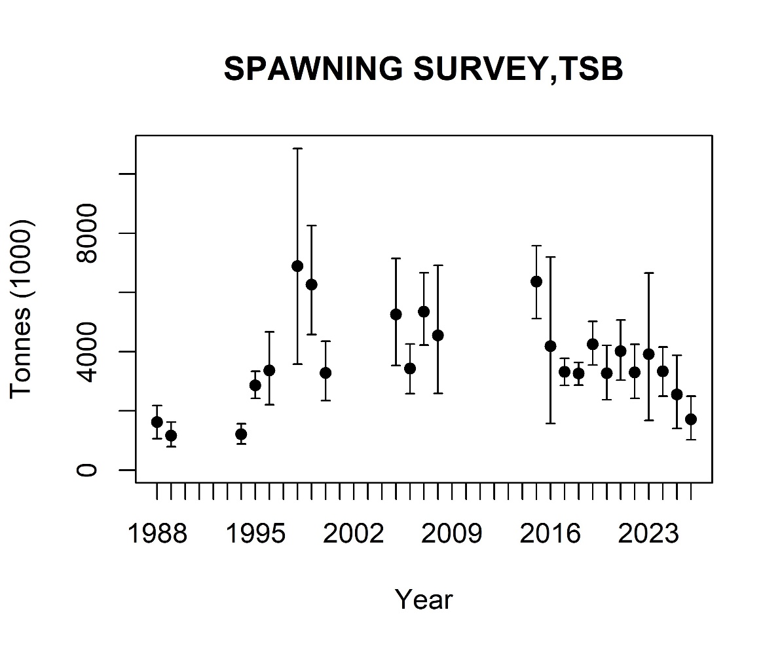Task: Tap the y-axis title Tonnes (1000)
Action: (x=22, y=308)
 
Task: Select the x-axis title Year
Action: (x=423, y=599)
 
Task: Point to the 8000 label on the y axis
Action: (x=88, y=233)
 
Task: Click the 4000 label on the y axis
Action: (x=88, y=352)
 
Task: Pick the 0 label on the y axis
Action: (x=88, y=470)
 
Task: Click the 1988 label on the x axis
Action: (x=157, y=535)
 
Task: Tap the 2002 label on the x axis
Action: (x=354, y=535)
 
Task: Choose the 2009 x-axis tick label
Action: (x=452, y=535)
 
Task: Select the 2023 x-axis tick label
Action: (x=649, y=535)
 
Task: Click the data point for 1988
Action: (x=157, y=422)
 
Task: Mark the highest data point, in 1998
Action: (x=297, y=266)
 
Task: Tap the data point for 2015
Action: (x=536, y=282)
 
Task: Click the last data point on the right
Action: (x=691, y=419)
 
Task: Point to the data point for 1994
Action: (x=241, y=434)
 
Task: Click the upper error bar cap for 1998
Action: (x=297, y=149)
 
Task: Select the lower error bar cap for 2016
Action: (x=550, y=423)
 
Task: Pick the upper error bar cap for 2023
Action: (x=649, y=273)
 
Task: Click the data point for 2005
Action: (x=396, y=314)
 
